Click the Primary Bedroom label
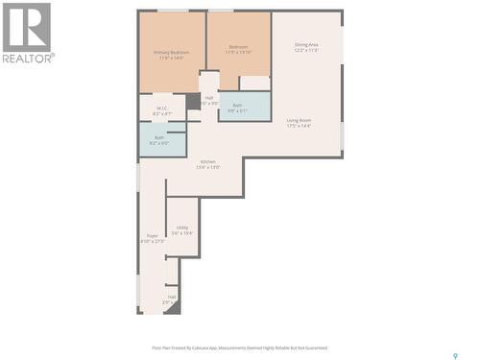pos(173,53)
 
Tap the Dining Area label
pos(307,45)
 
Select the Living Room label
pos(299,120)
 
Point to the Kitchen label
pos(207,161)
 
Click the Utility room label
pos(181,228)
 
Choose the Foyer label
pos(152,235)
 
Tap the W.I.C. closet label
pos(162,108)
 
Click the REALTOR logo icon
pos(27,27)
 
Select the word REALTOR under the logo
pos(28,58)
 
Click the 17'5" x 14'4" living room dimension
pos(299,126)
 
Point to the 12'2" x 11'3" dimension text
pos(307,51)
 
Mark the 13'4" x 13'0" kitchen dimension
pos(207,167)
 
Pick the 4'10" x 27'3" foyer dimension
pos(152,241)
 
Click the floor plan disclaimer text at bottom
pos(239,348)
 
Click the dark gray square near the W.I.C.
pos(193,101)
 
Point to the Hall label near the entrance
pos(172,297)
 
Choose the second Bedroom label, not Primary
pos(238,47)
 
